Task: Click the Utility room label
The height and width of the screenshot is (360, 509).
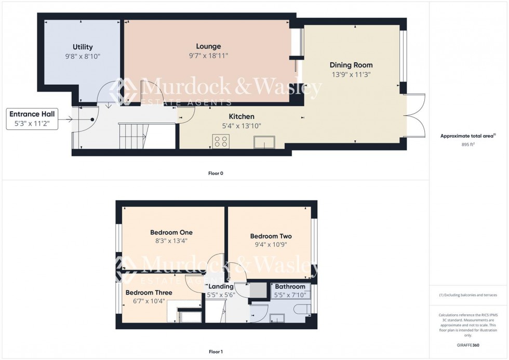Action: click(83, 47)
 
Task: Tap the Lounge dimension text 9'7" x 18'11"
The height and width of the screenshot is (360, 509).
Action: click(208, 55)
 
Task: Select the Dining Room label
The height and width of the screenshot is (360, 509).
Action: click(351, 65)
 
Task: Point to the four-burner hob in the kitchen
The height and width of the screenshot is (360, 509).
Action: click(220, 141)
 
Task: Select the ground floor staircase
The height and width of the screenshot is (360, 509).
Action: click(133, 135)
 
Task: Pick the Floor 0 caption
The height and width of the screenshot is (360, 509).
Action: click(216, 173)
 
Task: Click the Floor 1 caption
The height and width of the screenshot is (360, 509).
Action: click(216, 352)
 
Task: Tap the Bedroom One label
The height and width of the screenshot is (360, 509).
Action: click(171, 232)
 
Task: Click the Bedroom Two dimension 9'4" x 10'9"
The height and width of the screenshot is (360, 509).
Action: click(271, 245)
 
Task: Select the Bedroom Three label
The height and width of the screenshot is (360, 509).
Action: click(149, 292)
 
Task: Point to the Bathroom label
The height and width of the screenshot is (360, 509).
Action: click(290, 286)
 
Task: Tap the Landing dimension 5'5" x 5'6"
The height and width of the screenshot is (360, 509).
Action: click(221, 295)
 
